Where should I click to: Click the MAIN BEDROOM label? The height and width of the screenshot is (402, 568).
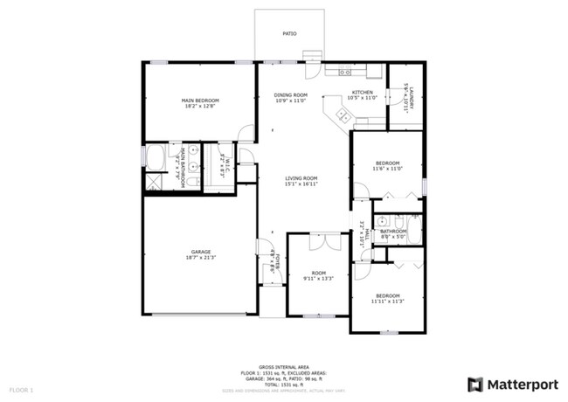tap(200, 100)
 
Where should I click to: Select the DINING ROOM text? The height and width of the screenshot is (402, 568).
tap(291, 94)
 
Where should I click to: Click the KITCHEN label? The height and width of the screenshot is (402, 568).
tap(362, 92)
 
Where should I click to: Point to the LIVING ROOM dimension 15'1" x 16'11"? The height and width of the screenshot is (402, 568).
tap(301, 184)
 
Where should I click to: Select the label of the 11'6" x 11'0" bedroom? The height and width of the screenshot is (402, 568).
tap(388, 163)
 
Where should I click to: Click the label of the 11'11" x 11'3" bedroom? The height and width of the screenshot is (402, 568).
tap(387, 295)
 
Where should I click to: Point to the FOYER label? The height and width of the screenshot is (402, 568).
tap(273, 262)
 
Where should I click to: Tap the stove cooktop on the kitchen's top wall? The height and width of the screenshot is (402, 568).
tap(345, 72)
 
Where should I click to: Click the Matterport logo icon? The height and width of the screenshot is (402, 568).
tap(475, 384)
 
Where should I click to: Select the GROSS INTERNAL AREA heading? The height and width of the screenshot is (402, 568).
tap(284, 366)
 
